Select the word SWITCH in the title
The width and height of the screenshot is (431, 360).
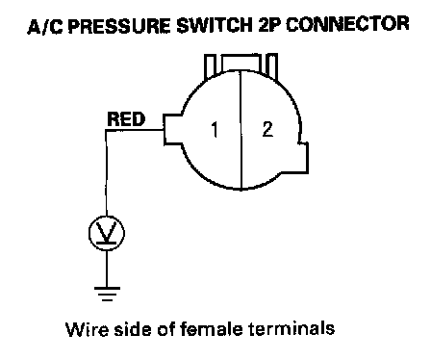click(215, 25)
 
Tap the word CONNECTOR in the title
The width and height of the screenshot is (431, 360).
click(347, 24)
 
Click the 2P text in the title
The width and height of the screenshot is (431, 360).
click(269, 25)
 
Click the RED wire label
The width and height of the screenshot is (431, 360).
click(126, 119)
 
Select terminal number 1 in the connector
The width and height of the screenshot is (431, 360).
click(215, 129)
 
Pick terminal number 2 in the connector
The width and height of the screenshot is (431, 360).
click(267, 129)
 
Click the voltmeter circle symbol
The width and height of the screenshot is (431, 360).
click(107, 233)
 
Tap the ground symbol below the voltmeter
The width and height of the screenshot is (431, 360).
click(107, 294)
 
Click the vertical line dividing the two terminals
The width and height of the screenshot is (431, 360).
click(241, 130)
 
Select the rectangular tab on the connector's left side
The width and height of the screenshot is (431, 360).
click(172, 129)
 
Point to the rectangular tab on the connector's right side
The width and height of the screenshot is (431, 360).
click(303, 158)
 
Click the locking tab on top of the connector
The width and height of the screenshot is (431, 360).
click(241, 65)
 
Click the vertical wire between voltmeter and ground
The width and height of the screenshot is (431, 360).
click(107, 269)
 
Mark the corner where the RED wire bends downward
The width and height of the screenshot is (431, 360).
click(106, 130)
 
